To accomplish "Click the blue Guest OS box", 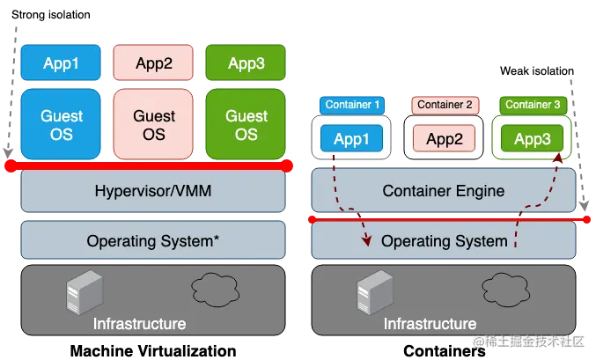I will tap(62, 124).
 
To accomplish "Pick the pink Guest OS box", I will tap(153, 124).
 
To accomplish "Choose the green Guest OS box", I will tap(246, 124).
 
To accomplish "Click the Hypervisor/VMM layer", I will tap(153, 191).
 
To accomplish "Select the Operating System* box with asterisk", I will tap(153, 240).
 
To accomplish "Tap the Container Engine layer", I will tap(444, 191).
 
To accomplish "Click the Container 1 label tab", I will tap(352, 105).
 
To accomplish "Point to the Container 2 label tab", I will tap(445, 105).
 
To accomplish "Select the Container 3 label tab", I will tap(533, 105).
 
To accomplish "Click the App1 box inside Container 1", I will tap(352, 139).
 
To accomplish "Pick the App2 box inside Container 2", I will tap(445, 139).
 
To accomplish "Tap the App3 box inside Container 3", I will tap(532, 139).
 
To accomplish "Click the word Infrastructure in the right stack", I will tap(430, 324).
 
